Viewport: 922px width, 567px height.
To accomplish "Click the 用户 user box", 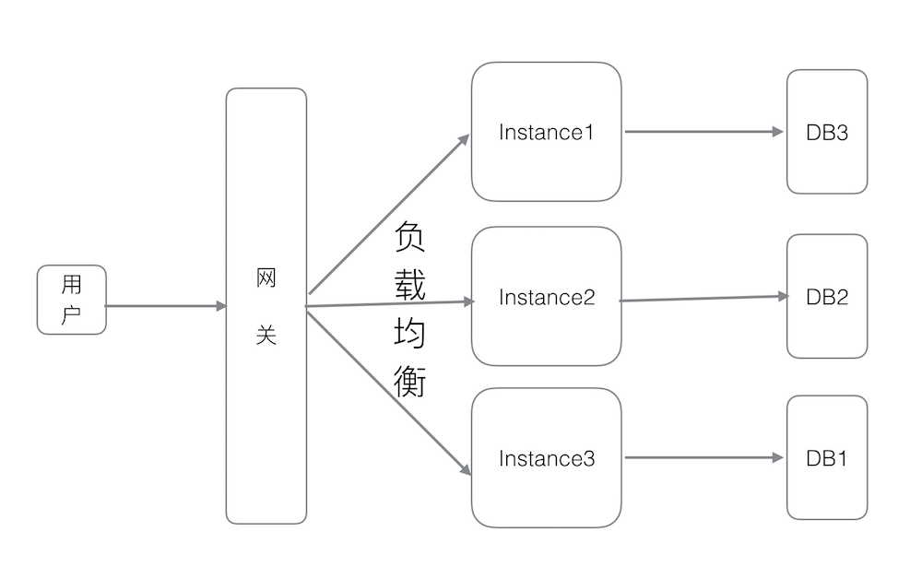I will pos(71,300).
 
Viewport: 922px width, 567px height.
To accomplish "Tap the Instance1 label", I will pos(547,132).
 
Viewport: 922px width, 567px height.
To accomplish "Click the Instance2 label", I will pos(547,297).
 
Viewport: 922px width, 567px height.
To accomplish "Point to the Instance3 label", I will pos(547,458).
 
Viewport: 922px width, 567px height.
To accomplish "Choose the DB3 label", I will pos(827,132).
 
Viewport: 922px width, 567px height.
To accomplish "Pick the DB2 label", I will pos(827,297).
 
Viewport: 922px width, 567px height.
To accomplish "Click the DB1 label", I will pos(827,458).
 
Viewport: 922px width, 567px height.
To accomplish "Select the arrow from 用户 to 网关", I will pos(166,306).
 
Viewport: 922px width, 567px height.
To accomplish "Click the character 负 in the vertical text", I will pos(409,238).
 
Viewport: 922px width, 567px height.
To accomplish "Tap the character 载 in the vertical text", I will pos(409,285).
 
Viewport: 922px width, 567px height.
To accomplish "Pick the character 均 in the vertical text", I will pos(409,333).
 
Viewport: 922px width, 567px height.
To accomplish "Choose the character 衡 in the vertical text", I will pos(409,380).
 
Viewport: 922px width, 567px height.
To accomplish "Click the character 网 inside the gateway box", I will pos(266,278).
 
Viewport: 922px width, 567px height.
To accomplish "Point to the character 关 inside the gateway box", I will pos(266,336).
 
